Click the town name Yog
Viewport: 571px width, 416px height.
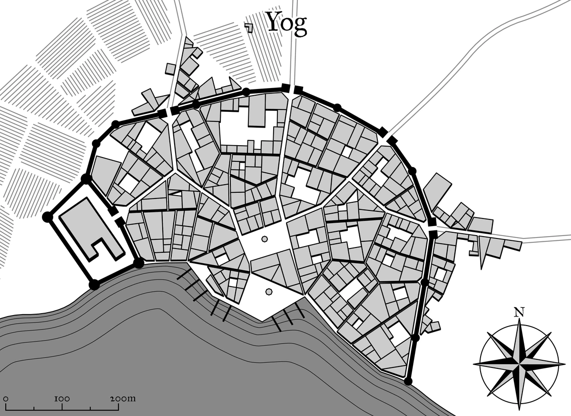286,23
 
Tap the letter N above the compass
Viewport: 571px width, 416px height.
519,313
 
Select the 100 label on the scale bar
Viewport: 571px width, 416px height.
62,398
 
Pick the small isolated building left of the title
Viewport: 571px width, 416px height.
248,27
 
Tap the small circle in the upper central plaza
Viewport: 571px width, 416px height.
265,239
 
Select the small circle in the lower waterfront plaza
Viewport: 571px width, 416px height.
268,291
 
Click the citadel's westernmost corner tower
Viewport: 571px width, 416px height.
47,217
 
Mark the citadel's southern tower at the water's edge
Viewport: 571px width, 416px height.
94,285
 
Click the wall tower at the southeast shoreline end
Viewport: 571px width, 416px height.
408,381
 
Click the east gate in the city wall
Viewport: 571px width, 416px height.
433,228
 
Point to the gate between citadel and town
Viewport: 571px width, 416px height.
117,216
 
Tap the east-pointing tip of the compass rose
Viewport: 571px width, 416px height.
563,363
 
